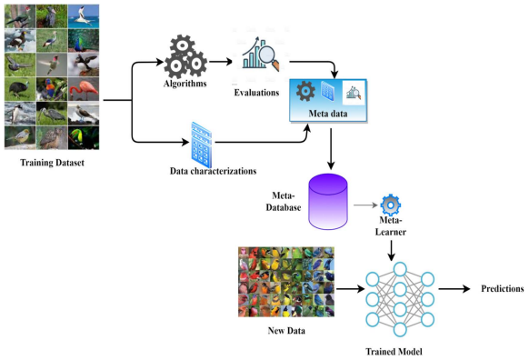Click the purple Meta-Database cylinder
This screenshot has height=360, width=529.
328,202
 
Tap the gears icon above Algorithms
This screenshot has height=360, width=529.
185,56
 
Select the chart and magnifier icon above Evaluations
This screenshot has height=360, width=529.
261,53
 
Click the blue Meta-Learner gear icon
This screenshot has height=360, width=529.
390,205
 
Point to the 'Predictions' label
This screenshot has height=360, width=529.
503,289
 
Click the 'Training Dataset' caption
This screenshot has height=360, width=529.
53,163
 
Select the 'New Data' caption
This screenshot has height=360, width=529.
286,331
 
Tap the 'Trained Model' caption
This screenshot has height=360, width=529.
394,352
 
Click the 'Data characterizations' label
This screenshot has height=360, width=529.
214,171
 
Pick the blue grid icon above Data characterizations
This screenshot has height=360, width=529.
201,145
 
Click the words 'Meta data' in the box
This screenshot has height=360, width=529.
328,114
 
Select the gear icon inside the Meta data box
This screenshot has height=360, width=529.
305,91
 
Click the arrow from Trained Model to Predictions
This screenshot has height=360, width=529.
454,289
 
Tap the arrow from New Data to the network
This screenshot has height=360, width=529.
350,289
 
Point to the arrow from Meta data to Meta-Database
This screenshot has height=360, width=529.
331,149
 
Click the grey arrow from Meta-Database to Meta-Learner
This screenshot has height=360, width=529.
365,205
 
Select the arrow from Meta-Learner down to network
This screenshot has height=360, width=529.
391,250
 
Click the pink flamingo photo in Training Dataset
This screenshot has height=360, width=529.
84,89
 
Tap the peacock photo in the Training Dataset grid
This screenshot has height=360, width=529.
84,41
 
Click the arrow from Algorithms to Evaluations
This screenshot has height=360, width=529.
221,62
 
